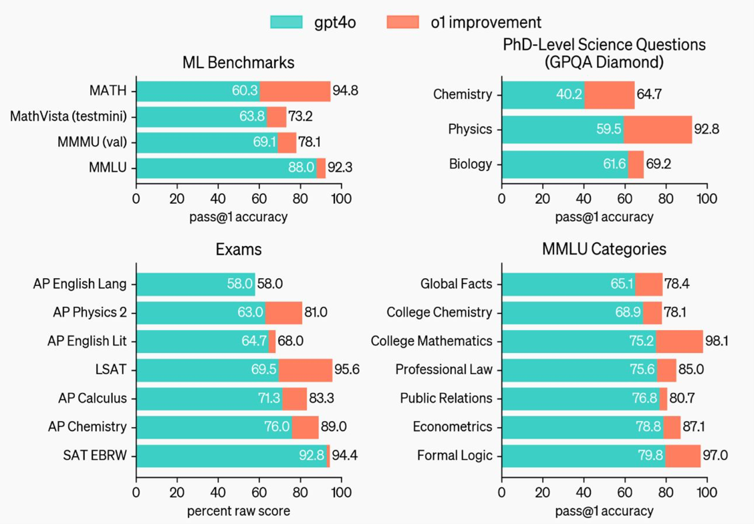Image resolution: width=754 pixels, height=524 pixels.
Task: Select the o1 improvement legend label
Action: coord(486,22)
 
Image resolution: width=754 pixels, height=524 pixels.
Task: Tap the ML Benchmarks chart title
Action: coord(239,63)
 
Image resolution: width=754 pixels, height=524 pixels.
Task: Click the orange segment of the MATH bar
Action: coord(295,91)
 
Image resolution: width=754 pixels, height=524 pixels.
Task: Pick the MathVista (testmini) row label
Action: coord(68,116)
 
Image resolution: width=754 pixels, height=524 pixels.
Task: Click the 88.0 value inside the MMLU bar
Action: coord(301,168)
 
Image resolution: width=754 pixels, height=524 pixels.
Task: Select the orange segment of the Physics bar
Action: coord(658,129)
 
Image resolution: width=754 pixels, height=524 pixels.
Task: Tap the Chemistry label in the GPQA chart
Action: coord(463,94)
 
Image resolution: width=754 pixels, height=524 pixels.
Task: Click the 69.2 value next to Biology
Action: coord(659,164)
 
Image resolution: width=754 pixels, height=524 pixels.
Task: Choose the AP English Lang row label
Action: coord(80,283)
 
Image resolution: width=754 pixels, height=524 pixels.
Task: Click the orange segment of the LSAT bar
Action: coord(305,370)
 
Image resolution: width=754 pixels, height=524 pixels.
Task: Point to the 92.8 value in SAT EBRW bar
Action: coord(311,456)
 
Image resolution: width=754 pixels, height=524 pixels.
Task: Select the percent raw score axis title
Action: coord(238,512)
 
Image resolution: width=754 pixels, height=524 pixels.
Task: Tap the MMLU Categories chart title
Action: coord(604,249)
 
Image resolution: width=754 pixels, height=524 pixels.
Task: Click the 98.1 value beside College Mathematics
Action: coord(717,341)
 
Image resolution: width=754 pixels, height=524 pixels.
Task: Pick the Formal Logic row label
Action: coord(455,456)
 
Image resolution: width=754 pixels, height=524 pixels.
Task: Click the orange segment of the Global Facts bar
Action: coord(648,283)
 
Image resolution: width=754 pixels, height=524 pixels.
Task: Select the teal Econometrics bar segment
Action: coord(582,427)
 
